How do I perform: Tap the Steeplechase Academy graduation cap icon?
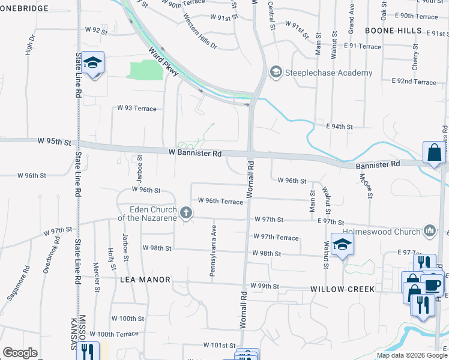(x=276, y=73)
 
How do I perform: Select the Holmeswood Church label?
(x=381, y=232)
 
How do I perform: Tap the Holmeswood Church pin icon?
(x=429, y=231)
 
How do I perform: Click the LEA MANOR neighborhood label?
(x=145, y=280)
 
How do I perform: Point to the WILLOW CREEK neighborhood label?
(x=342, y=289)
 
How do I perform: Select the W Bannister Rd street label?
(x=195, y=154)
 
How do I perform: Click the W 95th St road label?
(x=54, y=142)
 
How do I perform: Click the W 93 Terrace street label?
(x=137, y=109)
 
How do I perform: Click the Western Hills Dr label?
(x=199, y=31)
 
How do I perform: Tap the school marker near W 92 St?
(x=93, y=63)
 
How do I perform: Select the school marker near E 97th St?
(x=342, y=244)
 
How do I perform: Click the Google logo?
(x=20, y=353)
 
